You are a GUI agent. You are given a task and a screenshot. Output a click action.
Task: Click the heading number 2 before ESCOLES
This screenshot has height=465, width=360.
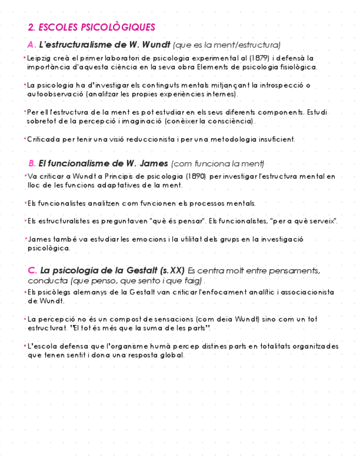[31, 27]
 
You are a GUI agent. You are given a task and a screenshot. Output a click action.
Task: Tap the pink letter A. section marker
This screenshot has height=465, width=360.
[31, 44]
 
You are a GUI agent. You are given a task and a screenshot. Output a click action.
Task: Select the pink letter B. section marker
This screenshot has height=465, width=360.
[32, 163]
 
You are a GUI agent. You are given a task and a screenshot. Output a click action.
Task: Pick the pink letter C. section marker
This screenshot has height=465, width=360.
[32, 270]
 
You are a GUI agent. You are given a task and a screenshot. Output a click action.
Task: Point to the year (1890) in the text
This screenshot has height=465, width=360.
[195, 177]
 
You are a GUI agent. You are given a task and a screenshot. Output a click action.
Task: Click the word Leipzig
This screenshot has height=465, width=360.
[38, 58]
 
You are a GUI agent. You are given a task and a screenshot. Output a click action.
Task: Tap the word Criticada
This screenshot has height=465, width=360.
[43, 139]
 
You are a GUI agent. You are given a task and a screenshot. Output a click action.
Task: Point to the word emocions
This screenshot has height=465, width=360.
[147, 239]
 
